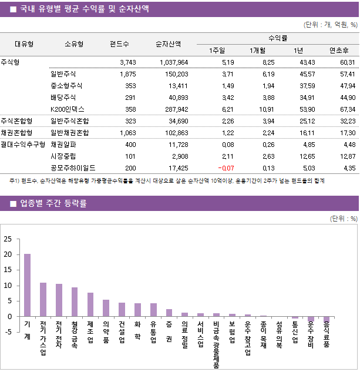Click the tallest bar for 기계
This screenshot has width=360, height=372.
(x=27, y=285)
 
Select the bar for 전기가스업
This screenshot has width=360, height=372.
(x=43, y=300)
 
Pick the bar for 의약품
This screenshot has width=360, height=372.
(x=106, y=308)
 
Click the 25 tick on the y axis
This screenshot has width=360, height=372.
(x=8, y=239)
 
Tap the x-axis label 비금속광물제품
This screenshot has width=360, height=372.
(x=216, y=344)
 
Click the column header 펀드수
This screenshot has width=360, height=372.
(x=119, y=43)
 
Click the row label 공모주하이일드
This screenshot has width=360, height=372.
(x=73, y=167)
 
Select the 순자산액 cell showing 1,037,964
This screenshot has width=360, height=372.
(x=174, y=62)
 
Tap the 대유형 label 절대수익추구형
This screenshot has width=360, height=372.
(x=23, y=144)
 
